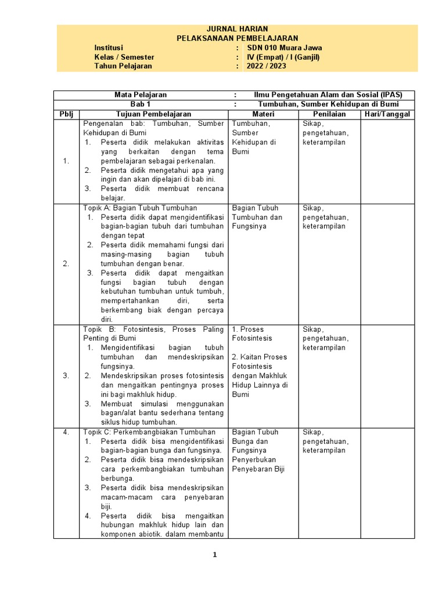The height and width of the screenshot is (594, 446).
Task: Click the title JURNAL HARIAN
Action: click(x=237, y=30)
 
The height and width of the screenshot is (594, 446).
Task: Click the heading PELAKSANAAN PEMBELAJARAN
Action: click(x=237, y=38)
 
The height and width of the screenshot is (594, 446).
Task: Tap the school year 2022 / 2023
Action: click(x=267, y=66)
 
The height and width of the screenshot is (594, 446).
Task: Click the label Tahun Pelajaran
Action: click(x=123, y=66)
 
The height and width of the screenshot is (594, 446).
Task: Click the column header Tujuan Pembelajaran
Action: click(x=154, y=114)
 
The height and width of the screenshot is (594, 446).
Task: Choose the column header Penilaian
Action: click(x=329, y=114)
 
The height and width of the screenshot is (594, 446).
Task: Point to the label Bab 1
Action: click(x=140, y=104)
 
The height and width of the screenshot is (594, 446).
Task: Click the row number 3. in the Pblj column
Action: click(x=66, y=376)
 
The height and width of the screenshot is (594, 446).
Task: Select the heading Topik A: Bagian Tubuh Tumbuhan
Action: click(x=140, y=208)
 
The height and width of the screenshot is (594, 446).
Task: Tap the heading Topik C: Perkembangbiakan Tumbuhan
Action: click(x=149, y=432)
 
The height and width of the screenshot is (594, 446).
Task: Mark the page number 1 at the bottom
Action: click(x=215, y=555)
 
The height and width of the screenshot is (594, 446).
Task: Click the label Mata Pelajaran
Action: click(x=141, y=95)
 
